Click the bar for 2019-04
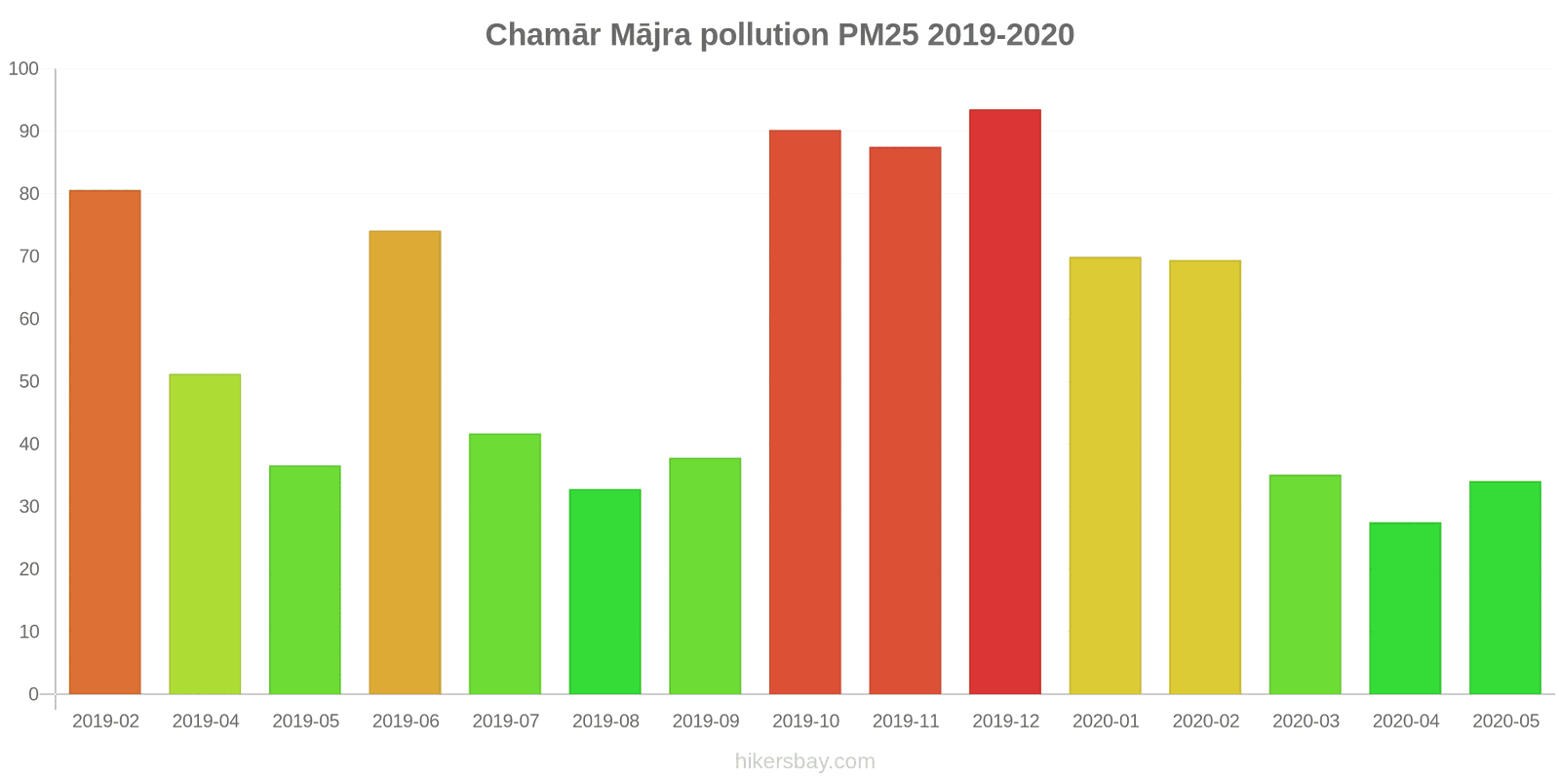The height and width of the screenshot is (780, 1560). pyautogui.click(x=205, y=533)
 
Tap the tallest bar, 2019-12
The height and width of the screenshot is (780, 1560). pyautogui.click(x=1005, y=402)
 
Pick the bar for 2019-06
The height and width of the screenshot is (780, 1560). pyautogui.click(x=405, y=462)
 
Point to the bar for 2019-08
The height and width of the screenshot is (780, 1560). pyautogui.click(x=604, y=591)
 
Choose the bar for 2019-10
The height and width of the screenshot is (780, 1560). pyautogui.click(x=805, y=411)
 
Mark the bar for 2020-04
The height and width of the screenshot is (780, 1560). pyautogui.click(x=1405, y=607)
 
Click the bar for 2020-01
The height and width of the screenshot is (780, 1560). pyautogui.click(x=1105, y=475)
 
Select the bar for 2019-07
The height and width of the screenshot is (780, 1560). pyautogui.click(x=505, y=564)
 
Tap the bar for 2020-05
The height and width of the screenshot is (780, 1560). pyautogui.click(x=1505, y=587)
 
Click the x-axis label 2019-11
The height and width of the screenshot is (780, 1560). pyautogui.click(x=906, y=721)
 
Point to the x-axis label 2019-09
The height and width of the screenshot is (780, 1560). pyautogui.click(x=706, y=721)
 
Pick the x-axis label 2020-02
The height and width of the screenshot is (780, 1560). pyautogui.click(x=1206, y=721)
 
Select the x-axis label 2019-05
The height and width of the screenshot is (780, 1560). pyautogui.click(x=306, y=721)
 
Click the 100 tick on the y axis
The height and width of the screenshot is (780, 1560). pyautogui.click(x=23, y=69)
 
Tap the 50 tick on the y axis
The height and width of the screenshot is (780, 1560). pyautogui.click(x=28, y=381)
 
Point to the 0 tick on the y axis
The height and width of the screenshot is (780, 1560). pyautogui.click(x=33, y=694)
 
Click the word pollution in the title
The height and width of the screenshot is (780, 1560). pyautogui.click(x=763, y=35)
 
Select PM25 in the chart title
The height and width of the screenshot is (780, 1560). pyautogui.click(x=877, y=35)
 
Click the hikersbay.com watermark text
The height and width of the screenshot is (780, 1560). pyautogui.click(x=805, y=761)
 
